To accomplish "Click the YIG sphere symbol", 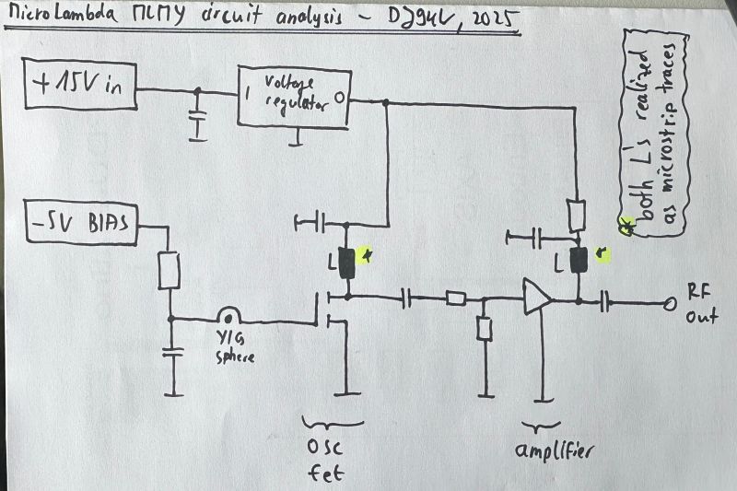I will [x=228, y=315].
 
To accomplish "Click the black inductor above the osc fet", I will [x=347, y=264].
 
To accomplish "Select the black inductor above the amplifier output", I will [x=579, y=261].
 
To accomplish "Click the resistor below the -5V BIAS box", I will [x=170, y=270].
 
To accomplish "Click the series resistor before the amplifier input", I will [x=455, y=298].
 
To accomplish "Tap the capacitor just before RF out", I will [x=605, y=302].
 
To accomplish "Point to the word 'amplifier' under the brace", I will [x=553, y=452].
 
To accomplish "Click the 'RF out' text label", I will [x=700, y=305].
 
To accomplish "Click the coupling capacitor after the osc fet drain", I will [x=406, y=298].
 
